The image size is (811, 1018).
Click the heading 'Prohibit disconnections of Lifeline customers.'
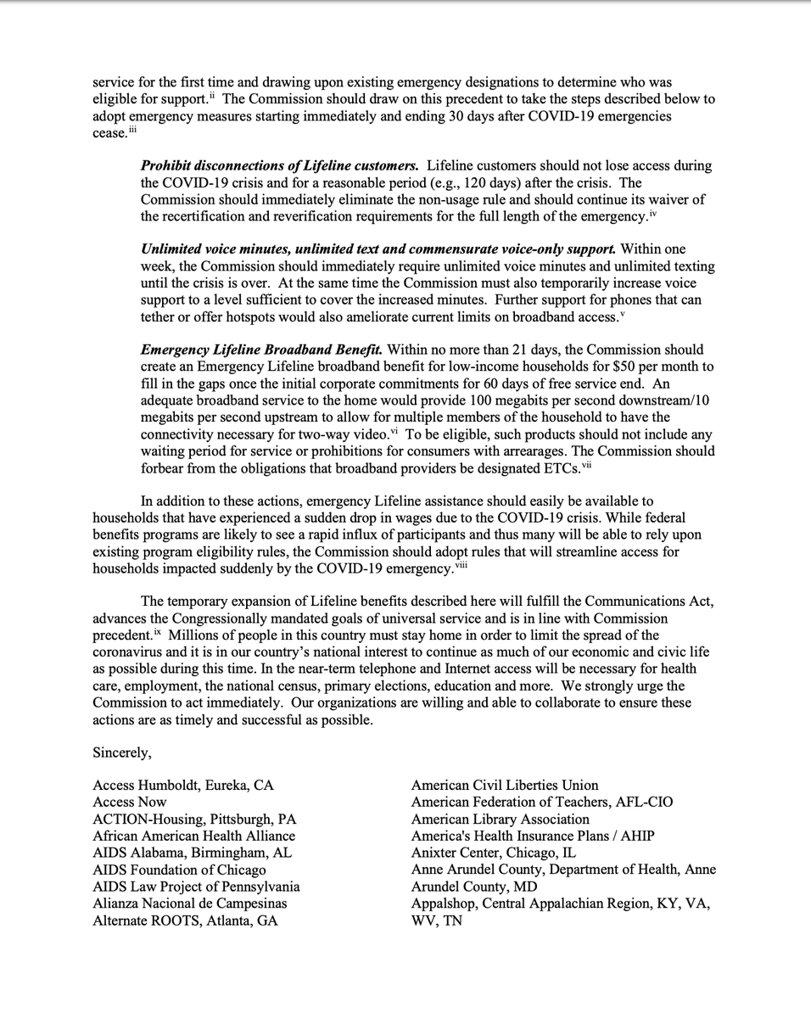coord(279,165)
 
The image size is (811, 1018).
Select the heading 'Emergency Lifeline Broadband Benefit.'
coord(261,350)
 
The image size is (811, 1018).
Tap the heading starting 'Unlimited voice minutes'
coord(378,249)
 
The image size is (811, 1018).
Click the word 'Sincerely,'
coord(122,752)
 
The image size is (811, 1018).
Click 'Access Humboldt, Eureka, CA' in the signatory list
coord(183,786)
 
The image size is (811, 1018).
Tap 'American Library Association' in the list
coord(501,819)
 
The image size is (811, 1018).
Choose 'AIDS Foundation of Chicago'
coord(179,870)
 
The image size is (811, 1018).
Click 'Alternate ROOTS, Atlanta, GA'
coord(185,920)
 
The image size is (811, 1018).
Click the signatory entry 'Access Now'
coord(130,803)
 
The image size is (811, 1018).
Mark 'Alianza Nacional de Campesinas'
coord(190,903)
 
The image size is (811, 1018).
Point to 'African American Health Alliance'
coord(194,836)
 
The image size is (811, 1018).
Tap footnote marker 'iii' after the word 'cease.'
coord(132,130)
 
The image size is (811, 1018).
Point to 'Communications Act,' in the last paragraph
coord(650,601)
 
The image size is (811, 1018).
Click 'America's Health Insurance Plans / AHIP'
coord(533,836)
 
